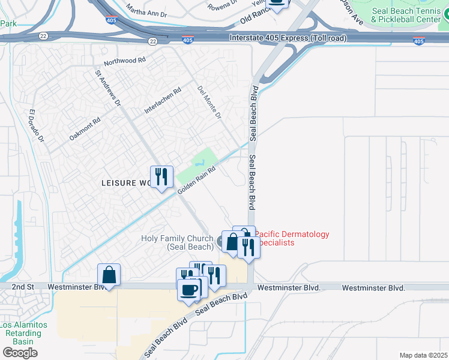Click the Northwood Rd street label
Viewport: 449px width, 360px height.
click(x=125, y=61)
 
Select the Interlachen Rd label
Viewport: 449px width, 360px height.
click(x=162, y=101)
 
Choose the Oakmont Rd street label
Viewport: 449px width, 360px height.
click(x=85, y=128)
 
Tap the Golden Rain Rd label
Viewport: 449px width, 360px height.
click(x=196, y=181)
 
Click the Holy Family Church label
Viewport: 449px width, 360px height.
click(x=177, y=242)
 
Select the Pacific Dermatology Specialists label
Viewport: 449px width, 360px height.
click(x=292, y=238)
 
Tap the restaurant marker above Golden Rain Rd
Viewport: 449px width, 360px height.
click(x=161, y=178)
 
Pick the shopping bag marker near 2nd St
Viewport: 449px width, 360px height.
click(x=109, y=275)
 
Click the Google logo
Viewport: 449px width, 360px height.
click(x=20, y=353)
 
